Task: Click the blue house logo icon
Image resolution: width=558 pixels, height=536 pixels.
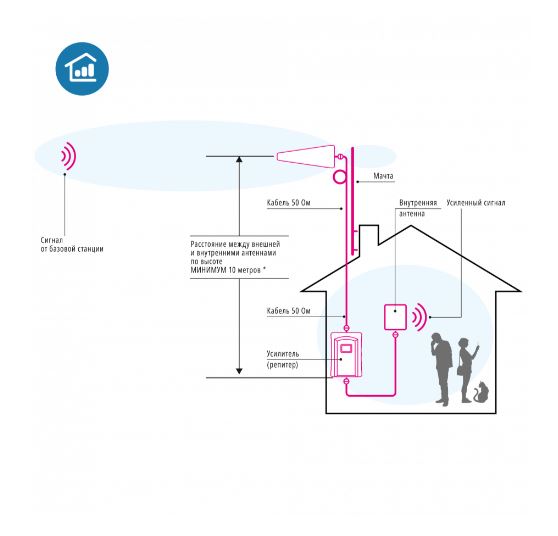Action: (82, 69)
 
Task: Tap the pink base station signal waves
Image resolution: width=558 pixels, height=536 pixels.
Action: (70, 156)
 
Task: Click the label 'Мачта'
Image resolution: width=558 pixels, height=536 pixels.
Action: (383, 176)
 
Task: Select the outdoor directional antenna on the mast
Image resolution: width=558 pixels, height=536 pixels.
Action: (306, 157)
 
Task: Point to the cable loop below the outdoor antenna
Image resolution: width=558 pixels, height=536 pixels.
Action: (339, 177)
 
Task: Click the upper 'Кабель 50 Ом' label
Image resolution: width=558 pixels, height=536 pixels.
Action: (289, 203)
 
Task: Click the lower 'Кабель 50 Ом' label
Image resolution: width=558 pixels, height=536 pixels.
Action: (289, 311)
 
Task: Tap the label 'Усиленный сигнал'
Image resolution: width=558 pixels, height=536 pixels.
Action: (476, 203)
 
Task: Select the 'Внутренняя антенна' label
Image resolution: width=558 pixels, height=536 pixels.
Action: (418, 208)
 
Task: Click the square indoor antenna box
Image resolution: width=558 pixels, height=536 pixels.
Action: (395, 317)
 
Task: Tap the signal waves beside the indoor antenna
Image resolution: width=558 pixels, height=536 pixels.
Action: (421, 317)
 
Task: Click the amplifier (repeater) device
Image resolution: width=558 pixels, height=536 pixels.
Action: (346, 354)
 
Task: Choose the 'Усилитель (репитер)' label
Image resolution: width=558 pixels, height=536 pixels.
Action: (283, 359)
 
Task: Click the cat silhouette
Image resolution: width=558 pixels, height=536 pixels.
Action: (482, 392)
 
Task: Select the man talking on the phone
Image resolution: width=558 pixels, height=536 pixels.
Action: (441, 369)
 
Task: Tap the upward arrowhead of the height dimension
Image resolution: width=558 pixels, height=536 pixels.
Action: (239, 159)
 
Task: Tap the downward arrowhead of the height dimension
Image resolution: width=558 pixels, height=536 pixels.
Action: (239, 371)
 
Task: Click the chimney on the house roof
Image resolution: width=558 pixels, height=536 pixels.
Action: (369, 236)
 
